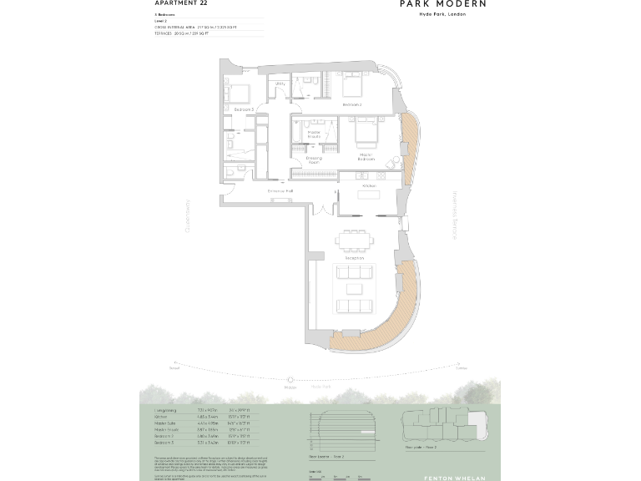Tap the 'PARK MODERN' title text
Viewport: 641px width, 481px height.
[442, 4]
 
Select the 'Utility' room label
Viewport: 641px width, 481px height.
[280, 84]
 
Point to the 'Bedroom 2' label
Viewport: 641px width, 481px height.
[352, 105]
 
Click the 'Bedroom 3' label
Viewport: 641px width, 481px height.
[243, 109]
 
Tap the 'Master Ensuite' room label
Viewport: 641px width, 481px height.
[314, 134]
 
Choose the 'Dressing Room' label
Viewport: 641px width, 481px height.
[314, 159]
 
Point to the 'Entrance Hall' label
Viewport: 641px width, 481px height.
[280, 191]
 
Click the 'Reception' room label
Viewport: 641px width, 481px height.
[355, 258]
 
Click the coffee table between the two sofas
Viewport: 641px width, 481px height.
[355, 290]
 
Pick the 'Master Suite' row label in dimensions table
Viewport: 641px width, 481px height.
[166, 423]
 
